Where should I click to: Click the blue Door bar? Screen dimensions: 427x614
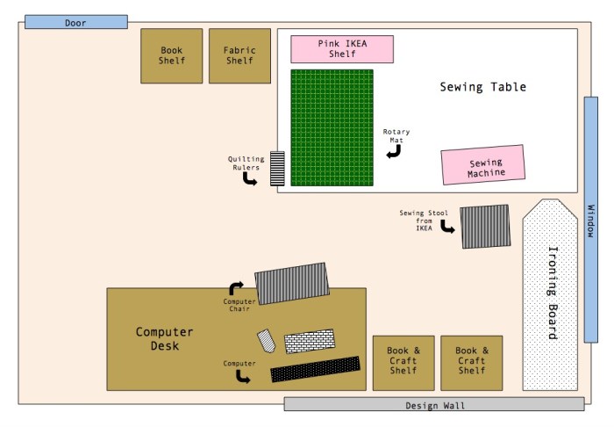point(75,22)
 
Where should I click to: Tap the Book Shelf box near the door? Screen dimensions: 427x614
point(171,56)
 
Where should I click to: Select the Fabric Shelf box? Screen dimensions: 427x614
point(239,56)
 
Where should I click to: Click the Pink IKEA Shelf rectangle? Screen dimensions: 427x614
point(342,49)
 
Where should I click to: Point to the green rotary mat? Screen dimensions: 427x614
point(332,127)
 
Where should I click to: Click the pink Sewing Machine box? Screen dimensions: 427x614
point(483,165)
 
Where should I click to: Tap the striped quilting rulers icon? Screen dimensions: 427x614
point(277,167)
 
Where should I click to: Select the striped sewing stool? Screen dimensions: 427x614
point(484,226)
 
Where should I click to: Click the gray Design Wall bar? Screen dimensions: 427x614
point(434,404)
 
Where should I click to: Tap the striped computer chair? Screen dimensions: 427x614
point(291,283)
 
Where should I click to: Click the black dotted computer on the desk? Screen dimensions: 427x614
point(316,369)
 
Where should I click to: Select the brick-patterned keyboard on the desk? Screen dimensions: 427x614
point(309,340)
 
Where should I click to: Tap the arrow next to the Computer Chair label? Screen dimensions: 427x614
point(236,287)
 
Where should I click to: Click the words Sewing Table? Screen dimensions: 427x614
point(482,87)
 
